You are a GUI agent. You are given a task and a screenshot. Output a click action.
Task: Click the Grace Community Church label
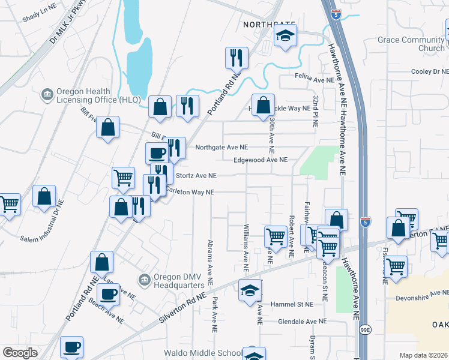pos(411,44)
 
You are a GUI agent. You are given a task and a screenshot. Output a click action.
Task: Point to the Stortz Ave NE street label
pos(195,176)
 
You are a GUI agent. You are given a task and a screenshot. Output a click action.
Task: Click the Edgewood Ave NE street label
pos(261,160)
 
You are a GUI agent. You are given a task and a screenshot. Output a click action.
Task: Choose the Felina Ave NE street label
pos(315,79)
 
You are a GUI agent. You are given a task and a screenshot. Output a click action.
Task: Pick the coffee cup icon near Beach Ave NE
pos(108,294)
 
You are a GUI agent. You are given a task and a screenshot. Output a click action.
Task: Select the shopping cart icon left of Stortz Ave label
pos(123,177)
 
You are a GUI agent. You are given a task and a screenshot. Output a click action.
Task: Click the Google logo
pos(20,353)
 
